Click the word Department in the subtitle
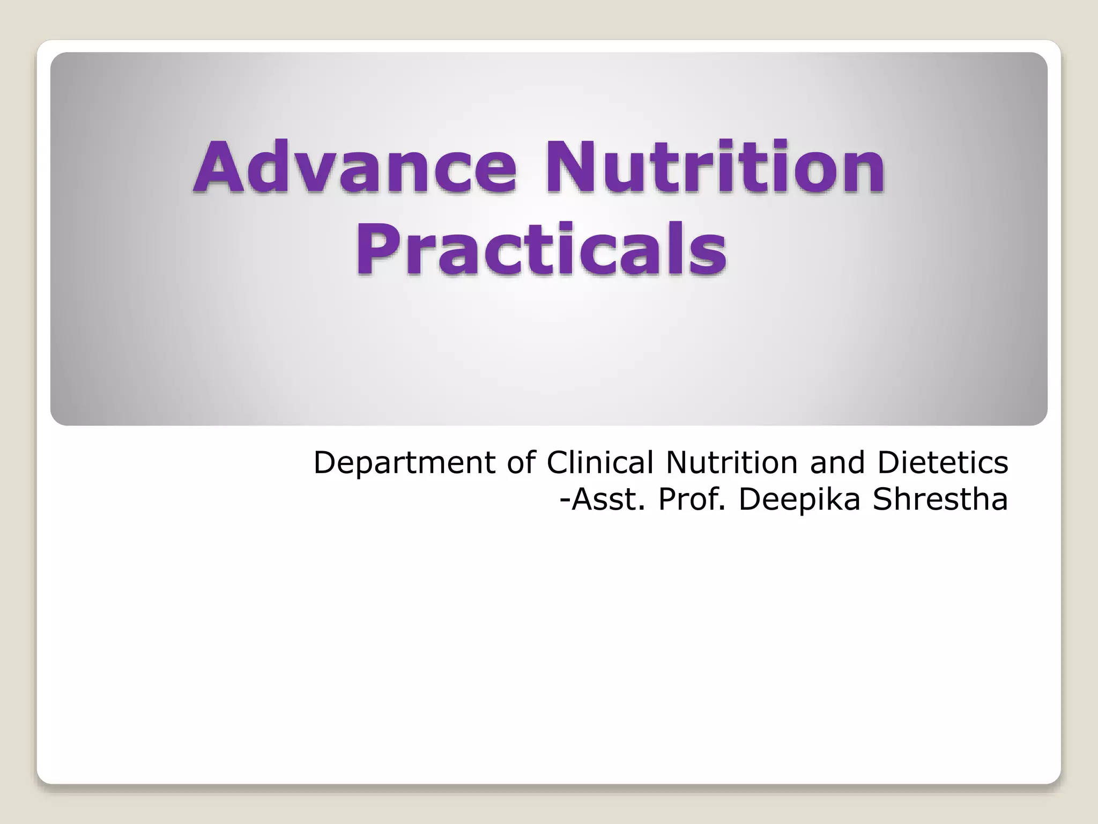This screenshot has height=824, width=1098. [405, 463]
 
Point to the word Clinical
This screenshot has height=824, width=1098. [600, 462]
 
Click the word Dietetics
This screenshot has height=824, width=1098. [942, 462]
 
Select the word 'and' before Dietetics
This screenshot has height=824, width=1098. [837, 462]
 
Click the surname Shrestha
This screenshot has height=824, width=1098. [940, 499]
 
